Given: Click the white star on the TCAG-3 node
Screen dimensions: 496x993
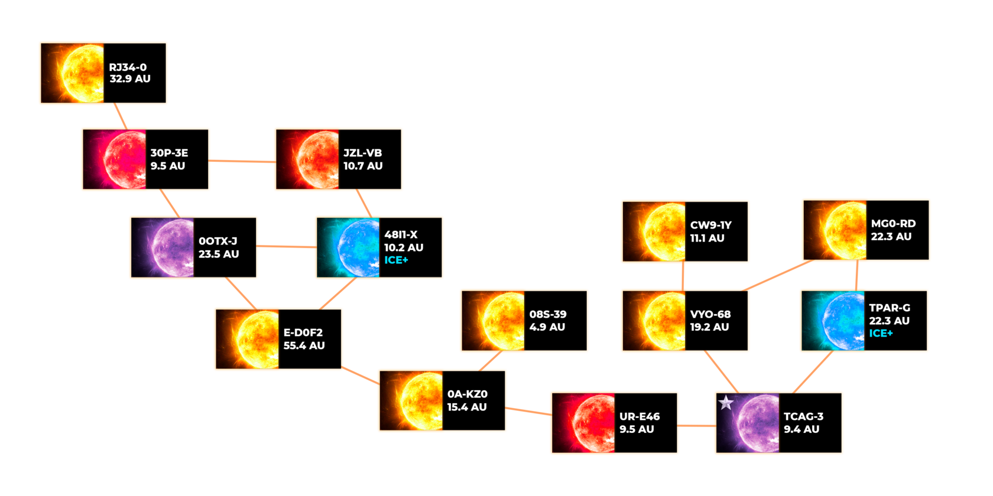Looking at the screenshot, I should coord(726,403).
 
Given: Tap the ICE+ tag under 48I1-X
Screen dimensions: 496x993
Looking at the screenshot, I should coord(396,260).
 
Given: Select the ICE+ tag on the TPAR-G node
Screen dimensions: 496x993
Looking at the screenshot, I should coord(881,334).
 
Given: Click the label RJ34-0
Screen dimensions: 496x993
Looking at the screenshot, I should coord(128,67).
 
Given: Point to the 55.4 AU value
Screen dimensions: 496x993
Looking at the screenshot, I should coord(304,345).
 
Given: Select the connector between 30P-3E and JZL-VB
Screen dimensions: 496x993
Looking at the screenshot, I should coord(242,161).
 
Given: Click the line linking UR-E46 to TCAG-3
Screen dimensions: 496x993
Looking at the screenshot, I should coord(696,425).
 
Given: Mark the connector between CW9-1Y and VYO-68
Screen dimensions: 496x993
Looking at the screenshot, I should coord(683,276).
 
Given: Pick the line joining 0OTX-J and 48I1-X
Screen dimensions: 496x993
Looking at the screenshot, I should coord(286,246).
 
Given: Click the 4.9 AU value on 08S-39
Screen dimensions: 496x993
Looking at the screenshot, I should coord(547,327).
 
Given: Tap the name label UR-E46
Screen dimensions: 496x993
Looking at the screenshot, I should coord(640,416).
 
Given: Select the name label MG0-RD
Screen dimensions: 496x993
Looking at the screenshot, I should coord(893,224).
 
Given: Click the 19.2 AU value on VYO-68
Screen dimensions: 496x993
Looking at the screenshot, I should coord(709,327).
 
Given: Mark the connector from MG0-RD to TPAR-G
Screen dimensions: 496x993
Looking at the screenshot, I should coord(856,275).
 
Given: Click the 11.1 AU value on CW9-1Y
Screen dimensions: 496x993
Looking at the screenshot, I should coord(707,238).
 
